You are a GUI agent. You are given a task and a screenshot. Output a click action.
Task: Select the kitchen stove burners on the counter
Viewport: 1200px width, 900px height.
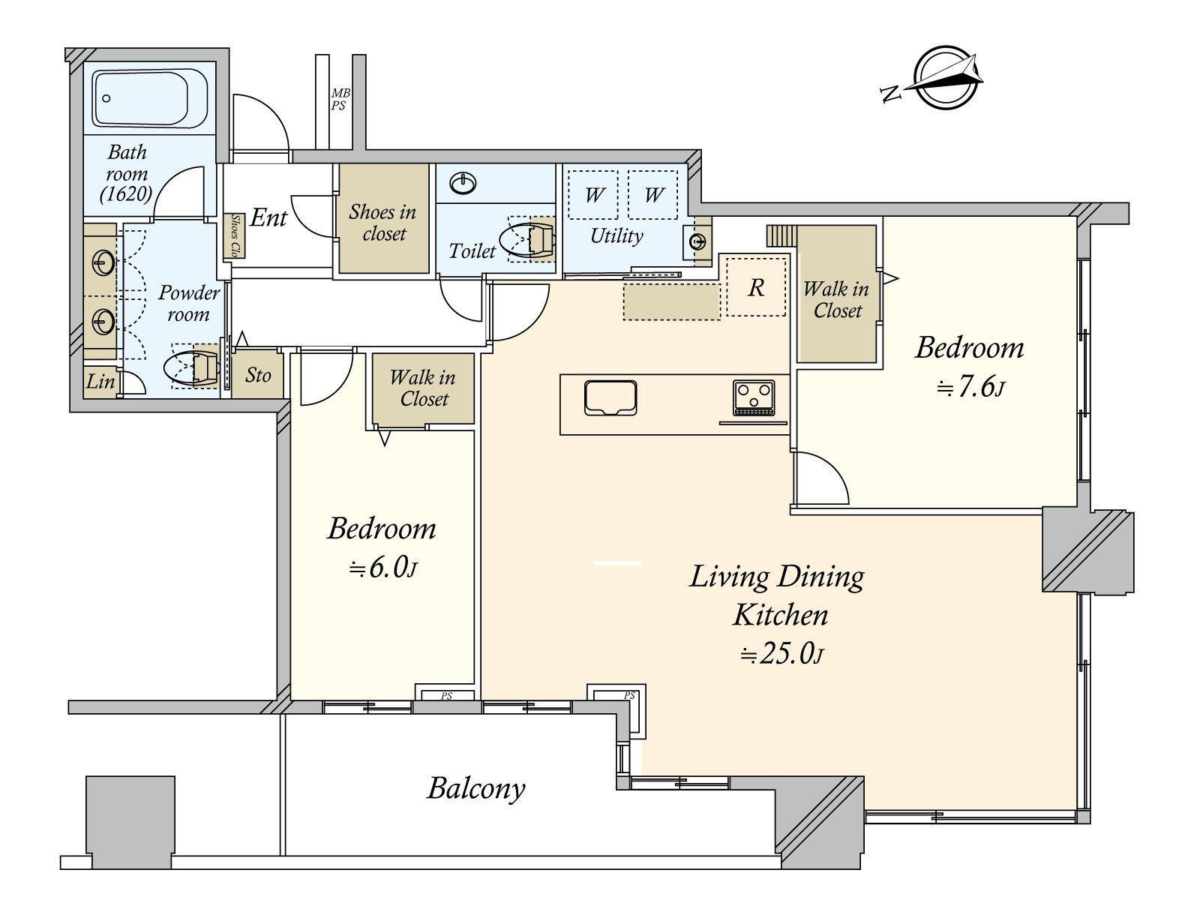754,397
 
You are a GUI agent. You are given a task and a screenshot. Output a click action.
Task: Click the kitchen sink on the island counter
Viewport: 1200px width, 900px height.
610,397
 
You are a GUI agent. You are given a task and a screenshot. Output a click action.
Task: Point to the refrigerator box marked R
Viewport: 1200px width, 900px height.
756,287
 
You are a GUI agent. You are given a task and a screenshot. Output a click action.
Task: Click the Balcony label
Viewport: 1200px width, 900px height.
475,788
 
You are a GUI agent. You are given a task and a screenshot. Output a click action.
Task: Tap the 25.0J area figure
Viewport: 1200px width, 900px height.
781,653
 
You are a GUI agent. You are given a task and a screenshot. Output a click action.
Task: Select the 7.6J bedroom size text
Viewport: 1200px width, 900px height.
971,388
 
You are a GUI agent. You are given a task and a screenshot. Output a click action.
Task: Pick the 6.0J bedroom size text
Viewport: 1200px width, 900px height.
382,568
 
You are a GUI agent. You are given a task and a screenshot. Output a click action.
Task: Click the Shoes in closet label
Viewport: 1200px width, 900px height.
383,223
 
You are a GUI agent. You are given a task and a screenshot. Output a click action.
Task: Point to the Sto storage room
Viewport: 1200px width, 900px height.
257,376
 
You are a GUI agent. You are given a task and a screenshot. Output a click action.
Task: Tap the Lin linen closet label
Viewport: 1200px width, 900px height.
100,382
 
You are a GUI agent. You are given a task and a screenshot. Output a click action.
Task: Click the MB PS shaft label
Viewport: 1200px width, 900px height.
340,100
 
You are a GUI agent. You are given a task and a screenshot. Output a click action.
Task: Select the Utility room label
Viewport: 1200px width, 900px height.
616,235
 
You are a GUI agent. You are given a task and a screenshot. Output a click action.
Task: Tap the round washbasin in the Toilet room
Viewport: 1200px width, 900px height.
463,183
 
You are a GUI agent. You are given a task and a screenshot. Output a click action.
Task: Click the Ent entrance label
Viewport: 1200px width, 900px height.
268,218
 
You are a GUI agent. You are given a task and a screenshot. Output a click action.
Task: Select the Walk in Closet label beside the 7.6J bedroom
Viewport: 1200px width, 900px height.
836,299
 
